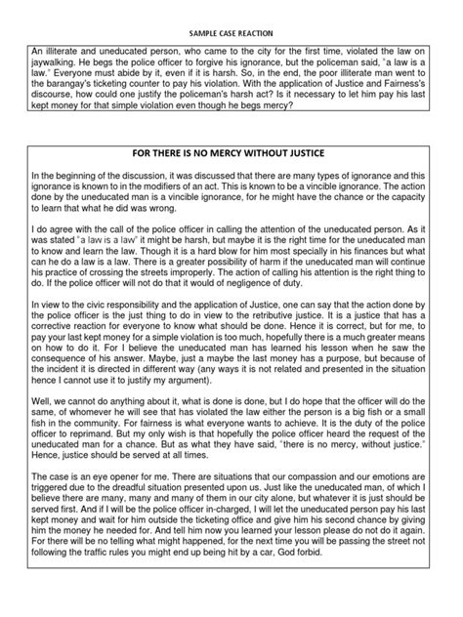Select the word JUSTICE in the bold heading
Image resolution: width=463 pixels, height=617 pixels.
tap(315, 156)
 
